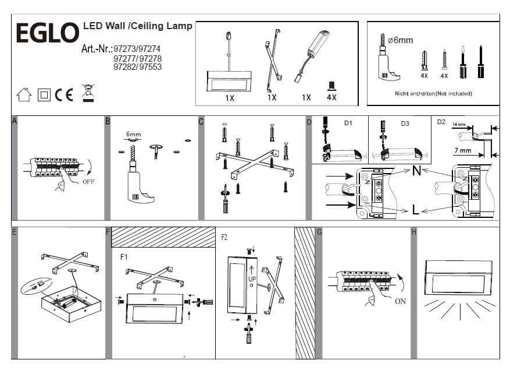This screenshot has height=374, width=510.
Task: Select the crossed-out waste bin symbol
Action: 88,93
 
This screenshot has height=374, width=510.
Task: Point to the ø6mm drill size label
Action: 401,40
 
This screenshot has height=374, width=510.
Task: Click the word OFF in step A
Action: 89,181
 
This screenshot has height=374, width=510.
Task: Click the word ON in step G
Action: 400,301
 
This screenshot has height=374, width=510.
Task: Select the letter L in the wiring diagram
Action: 415,210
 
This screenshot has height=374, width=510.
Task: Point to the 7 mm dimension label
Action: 462,150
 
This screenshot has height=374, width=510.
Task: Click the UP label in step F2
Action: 252,279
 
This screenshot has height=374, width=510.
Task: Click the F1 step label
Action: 125,256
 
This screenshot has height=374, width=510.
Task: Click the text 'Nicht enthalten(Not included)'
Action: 433,93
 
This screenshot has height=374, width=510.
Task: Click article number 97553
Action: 151,67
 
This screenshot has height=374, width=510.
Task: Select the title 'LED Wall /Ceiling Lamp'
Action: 138,26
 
